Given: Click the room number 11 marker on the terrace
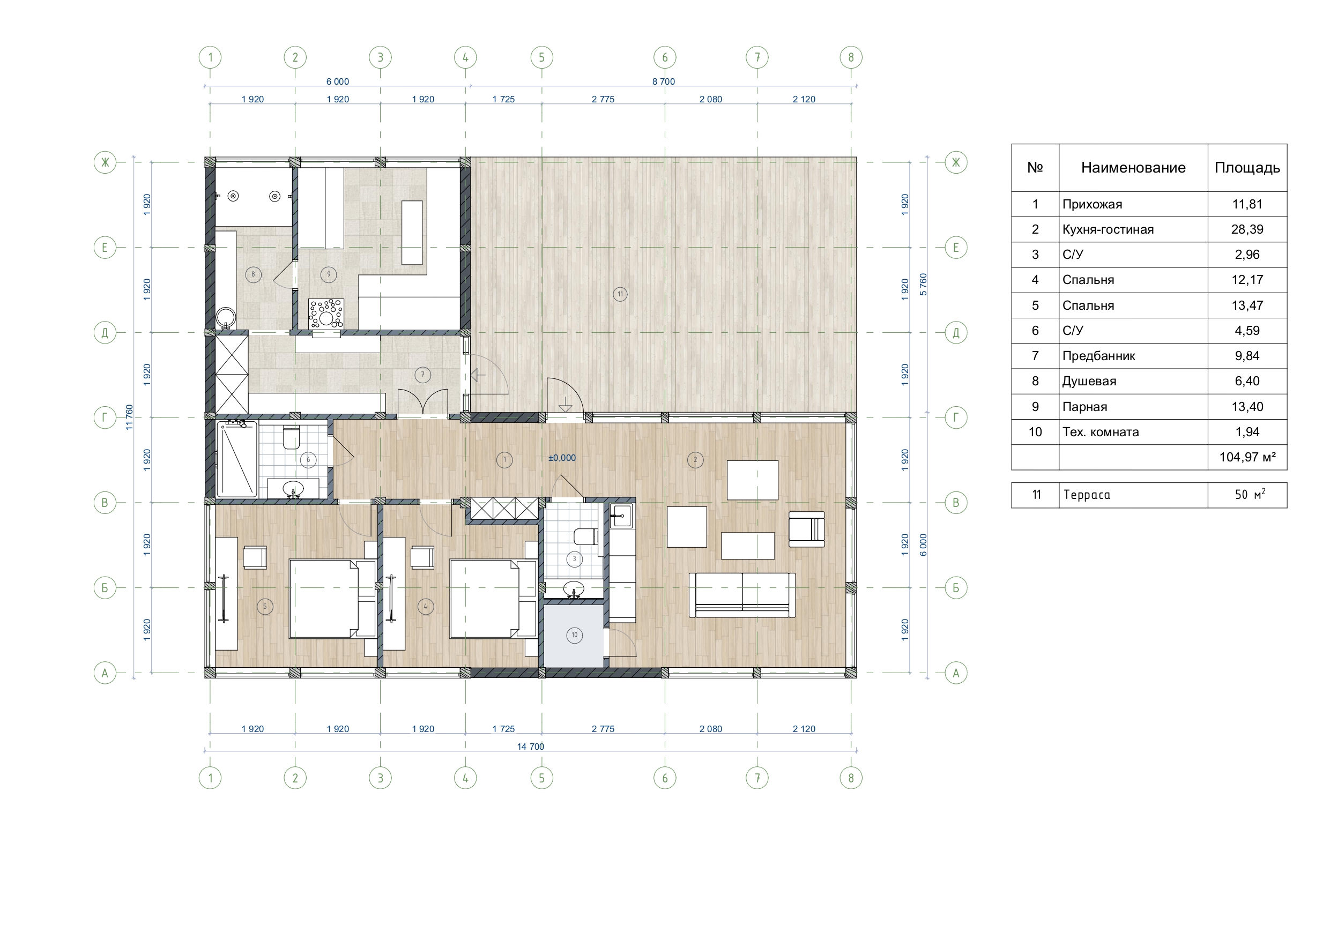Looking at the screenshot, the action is coord(620,294).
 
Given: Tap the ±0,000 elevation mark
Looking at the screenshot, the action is coord(562,458).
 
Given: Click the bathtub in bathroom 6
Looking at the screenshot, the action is coord(237,459).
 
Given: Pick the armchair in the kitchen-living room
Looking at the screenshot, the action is coord(806,529).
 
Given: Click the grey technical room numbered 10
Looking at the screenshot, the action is coord(574,635).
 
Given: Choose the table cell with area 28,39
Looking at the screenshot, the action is coord(1247,229).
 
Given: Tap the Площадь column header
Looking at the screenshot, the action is coord(1247,168).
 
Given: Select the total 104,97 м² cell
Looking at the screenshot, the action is coord(1247,457).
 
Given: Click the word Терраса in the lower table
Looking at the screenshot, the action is coord(1087,495).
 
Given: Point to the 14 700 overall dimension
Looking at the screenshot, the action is coord(531,747).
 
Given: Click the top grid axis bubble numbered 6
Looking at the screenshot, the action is coord(665,57).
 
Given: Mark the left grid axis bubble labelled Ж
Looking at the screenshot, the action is coord(105,163).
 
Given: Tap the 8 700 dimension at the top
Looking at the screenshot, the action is coord(664,81).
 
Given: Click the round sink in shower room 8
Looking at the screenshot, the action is coord(226,318).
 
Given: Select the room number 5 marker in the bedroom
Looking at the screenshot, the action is coord(265,607).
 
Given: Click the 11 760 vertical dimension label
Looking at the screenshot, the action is coord(129,417).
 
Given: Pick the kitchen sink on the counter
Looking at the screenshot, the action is coord(621,516).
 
